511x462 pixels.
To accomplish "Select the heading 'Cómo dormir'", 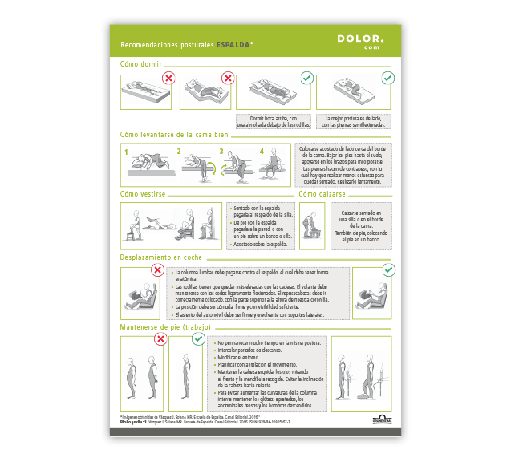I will tap(141, 63).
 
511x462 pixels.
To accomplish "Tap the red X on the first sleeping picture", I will tap(169, 78).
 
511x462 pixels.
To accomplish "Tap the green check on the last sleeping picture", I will tap(387, 78).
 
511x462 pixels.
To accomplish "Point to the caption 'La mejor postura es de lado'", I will tap(354, 121).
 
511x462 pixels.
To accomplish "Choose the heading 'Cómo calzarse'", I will tap(322, 193).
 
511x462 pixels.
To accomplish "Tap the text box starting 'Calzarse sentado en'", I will tap(361, 224).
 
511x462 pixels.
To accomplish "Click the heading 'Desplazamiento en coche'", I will tap(160, 257).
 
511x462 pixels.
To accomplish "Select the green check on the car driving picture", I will tap(388, 270).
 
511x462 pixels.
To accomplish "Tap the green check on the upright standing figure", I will tap(199, 340).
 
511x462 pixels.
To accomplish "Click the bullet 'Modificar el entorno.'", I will tap(245, 358).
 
